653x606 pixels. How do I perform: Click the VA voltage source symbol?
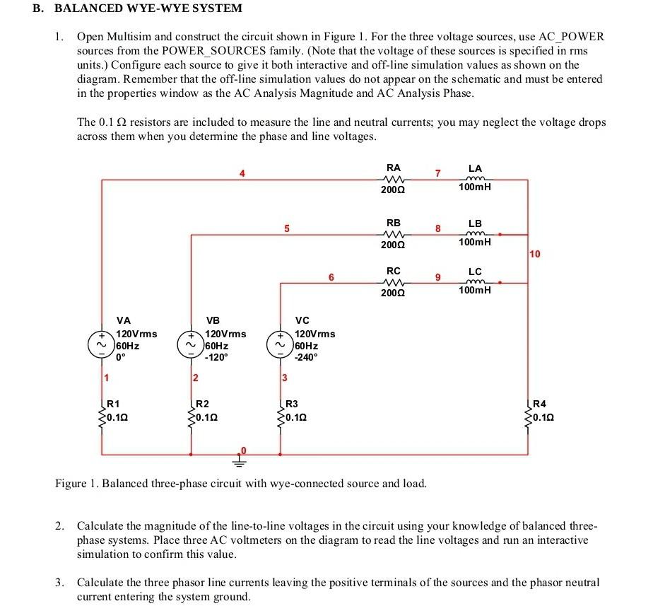pos(102,344)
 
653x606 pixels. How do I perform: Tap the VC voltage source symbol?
pos(281,344)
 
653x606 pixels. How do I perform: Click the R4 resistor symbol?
pos(528,417)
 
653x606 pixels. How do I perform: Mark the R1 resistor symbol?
pos(102,417)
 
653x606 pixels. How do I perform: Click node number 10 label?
pos(535,254)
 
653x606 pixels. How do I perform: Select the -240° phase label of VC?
pos(306,358)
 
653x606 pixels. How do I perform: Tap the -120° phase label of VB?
pos(216,358)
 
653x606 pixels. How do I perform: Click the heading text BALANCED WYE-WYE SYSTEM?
pos(148,8)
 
